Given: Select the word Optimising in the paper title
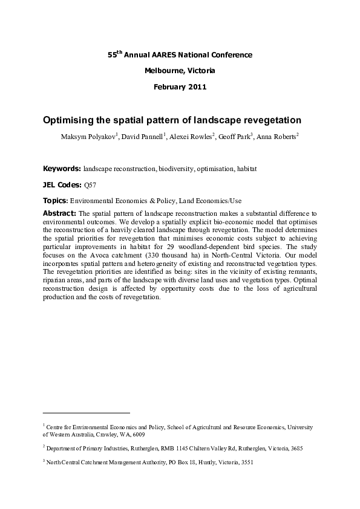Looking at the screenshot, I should (x=71, y=120).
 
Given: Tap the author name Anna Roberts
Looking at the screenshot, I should (x=276, y=137).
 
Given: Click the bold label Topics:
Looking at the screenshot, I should (x=55, y=200).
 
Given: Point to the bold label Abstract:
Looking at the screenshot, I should (x=59, y=213).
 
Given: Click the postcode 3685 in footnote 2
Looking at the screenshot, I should (x=296, y=449).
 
